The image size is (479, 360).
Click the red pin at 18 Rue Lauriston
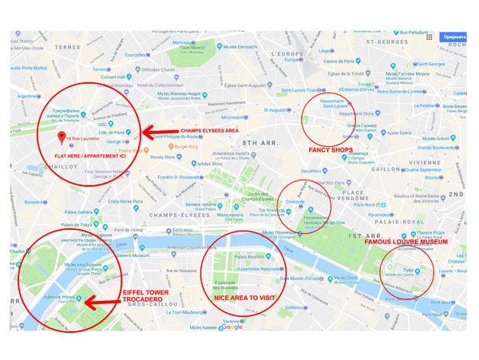pos(61,137)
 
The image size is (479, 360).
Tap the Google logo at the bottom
pos(232,326)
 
